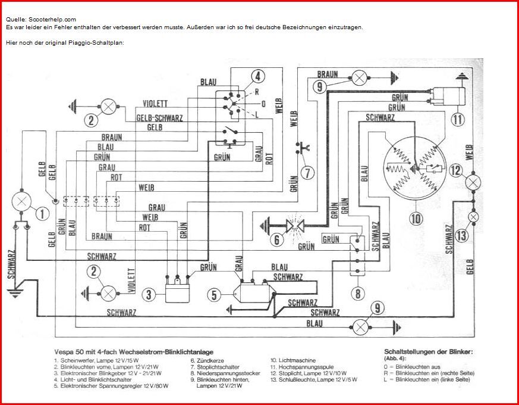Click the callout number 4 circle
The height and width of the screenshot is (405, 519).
(257, 76)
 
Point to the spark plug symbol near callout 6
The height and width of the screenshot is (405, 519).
(294, 226)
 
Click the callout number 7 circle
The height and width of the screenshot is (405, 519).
(307, 173)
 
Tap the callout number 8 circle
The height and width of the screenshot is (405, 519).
(357, 293)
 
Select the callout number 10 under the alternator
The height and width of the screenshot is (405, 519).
(416, 219)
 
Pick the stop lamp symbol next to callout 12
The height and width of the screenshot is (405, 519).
(473, 182)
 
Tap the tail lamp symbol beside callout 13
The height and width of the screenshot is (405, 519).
(474, 217)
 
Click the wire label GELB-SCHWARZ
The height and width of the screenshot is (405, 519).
(159, 117)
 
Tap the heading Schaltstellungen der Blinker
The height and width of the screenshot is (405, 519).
(428, 352)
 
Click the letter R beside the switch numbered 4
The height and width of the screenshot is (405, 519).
(256, 92)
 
